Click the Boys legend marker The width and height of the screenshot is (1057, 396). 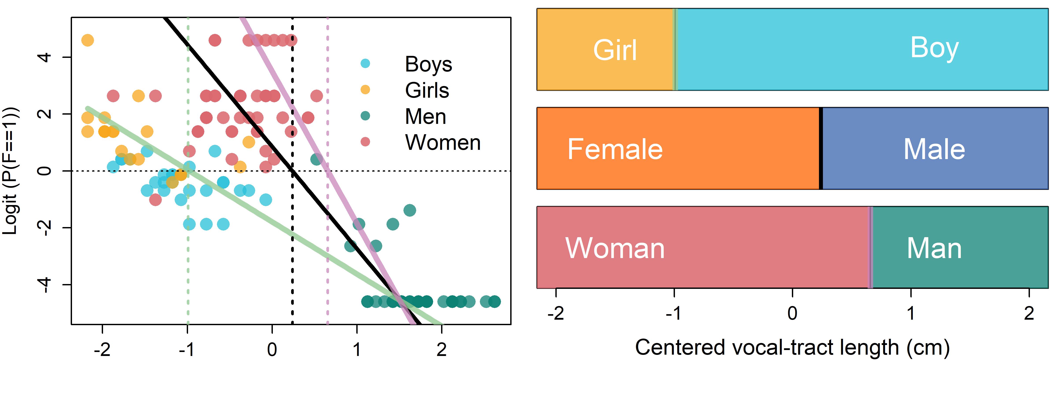click(x=365, y=64)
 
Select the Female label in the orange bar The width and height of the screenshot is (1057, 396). click(x=615, y=149)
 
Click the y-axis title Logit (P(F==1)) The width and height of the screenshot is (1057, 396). click(x=11, y=171)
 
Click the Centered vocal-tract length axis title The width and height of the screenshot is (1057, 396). click(x=792, y=348)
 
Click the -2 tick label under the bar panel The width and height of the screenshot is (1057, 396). click(x=556, y=313)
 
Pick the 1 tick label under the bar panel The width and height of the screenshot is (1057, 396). click(x=911, y=313)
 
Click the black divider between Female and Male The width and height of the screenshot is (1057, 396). click(x=821, y=149)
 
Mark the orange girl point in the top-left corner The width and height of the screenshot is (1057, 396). click(x=87, y=40)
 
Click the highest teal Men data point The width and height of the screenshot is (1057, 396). click(x=316, y=159)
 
